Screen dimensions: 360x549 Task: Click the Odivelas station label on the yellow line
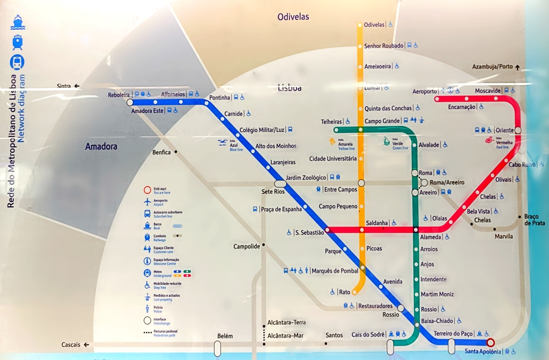tap(374, 25)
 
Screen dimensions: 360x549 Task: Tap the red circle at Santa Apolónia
tap(490, 342)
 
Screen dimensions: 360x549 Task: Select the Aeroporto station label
tap(425, 92)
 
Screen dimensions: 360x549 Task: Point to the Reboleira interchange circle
tap(130, 102)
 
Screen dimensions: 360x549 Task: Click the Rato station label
tap(345, 292)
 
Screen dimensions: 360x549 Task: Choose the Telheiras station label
tap(331, 122)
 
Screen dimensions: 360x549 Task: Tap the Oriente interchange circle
tap(518, 130)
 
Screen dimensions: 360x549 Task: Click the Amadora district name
tap(101, 146)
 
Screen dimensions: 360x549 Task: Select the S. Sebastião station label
tap(309, 232)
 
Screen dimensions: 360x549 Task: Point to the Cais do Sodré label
tap(368, 335)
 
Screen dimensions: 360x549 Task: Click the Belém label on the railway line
tap(225, 336)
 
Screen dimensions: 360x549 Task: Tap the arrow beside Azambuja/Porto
tap(517, 67)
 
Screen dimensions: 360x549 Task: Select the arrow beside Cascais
tap(86, 345)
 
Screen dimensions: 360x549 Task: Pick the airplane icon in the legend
tap(147, 201)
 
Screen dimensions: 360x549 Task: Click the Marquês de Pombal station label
tap(335, 271)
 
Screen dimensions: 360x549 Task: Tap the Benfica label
tap(161, 153)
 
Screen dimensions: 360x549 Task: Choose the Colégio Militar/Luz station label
tap(262, 130)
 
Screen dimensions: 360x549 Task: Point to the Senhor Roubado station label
tap(383, 46)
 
